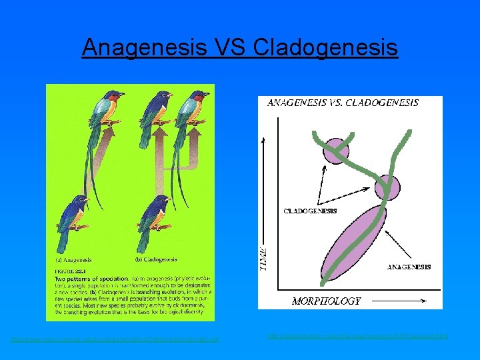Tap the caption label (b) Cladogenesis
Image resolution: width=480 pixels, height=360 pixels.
149,258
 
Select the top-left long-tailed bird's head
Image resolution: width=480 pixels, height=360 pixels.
114,97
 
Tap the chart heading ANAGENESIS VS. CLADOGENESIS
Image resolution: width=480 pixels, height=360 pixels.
343,103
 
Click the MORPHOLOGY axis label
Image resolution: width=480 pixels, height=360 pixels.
326,301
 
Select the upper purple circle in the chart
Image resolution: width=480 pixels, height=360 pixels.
336,151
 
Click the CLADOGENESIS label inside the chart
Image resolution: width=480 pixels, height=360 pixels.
310,211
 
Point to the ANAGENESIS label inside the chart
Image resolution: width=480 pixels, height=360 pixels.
409,267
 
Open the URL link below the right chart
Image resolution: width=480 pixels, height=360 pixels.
357,335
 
